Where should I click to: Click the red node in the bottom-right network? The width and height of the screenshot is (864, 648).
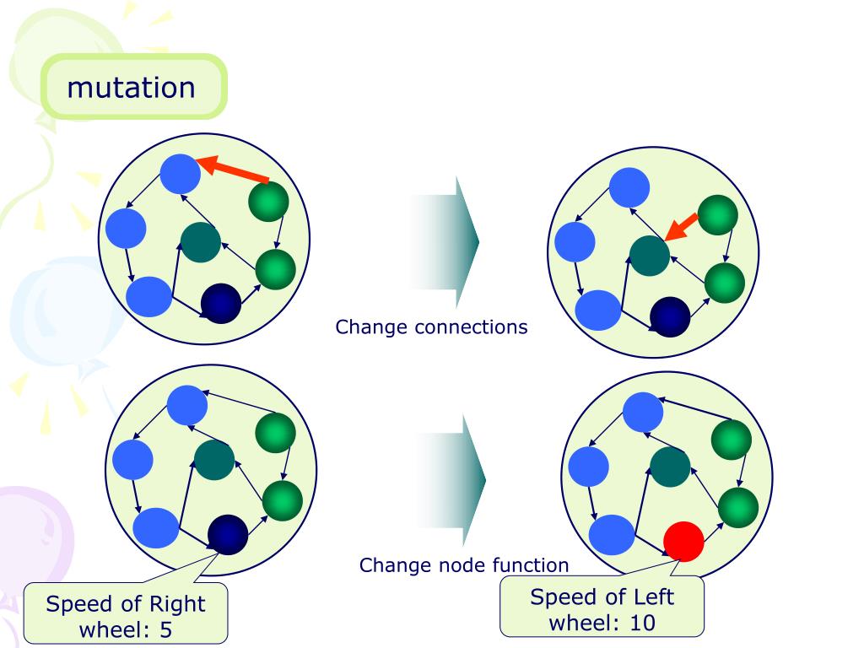(x=683, y=542)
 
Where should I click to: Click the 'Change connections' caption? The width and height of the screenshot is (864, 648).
(x=431, y=327)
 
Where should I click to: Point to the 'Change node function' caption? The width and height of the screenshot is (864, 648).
(x=464, y=564)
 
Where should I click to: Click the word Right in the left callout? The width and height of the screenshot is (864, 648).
(x=177, y=604)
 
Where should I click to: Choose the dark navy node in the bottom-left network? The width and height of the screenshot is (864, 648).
(x=228, y=533)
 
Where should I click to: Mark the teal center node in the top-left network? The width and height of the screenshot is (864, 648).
(x=201, y=242)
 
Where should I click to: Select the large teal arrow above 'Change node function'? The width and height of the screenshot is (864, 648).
(x=451, y=480)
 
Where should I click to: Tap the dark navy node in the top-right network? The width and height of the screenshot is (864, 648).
(x=671, y=317)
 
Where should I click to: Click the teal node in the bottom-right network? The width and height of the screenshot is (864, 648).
(x=671, y=467)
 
